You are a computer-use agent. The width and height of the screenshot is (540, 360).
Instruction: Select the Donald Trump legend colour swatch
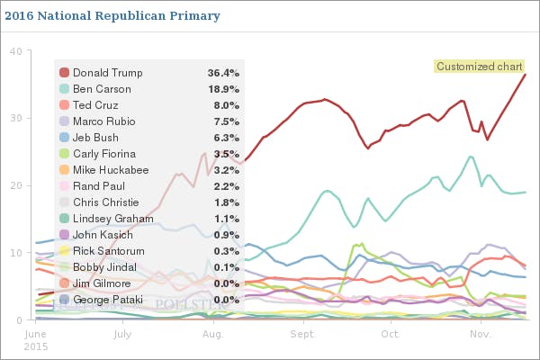click(x=64, y=73)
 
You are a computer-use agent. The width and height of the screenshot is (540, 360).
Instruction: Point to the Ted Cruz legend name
click(x=94, y=105)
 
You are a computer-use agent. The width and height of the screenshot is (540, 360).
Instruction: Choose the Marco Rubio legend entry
click(x=103, y=121)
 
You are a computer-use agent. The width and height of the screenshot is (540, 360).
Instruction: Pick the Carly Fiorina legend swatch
click(x=64, y=154)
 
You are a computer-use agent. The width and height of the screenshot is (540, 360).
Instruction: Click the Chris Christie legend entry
click(x=107, y=202)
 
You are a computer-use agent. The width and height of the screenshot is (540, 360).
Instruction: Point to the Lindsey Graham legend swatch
click(x=64, y=219)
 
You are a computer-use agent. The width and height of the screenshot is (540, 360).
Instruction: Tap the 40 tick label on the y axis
click(x=15, y=51)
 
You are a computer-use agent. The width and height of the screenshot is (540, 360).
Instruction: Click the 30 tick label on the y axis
click(x=15, y=118)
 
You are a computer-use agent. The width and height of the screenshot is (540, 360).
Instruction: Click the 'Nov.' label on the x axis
click(x=481, y=334)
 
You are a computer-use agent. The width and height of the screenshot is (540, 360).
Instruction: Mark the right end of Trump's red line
click(x=526, y=74)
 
